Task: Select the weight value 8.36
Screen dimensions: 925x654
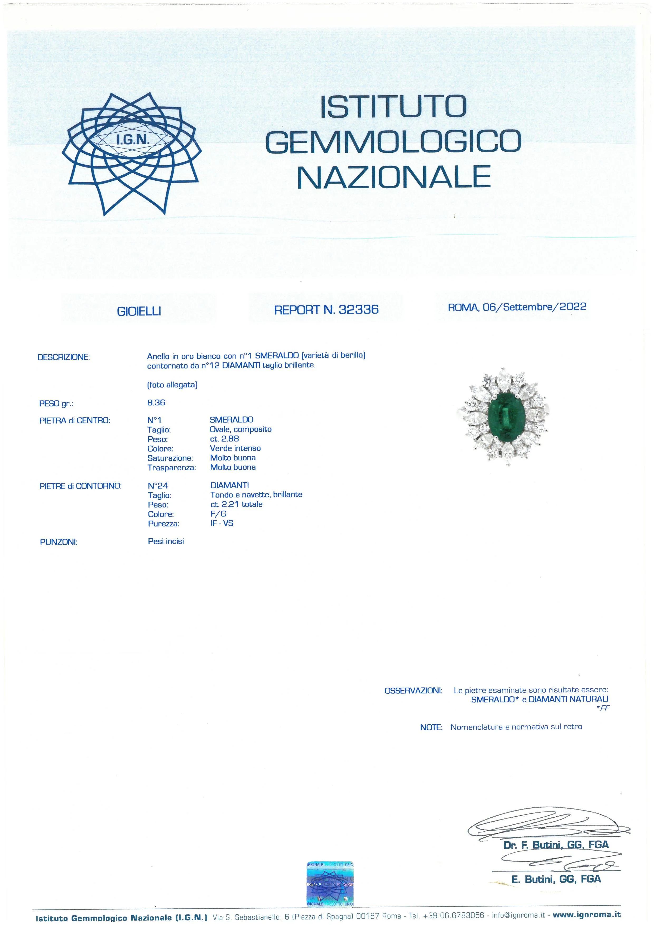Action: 156,402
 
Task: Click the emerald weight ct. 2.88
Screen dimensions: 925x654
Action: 224,439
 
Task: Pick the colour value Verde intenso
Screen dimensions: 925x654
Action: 235,448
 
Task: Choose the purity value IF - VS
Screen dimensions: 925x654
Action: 222,523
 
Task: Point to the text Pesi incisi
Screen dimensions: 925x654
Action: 166,541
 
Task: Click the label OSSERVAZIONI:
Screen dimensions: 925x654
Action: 413,691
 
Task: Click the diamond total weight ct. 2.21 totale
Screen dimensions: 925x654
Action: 236,504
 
